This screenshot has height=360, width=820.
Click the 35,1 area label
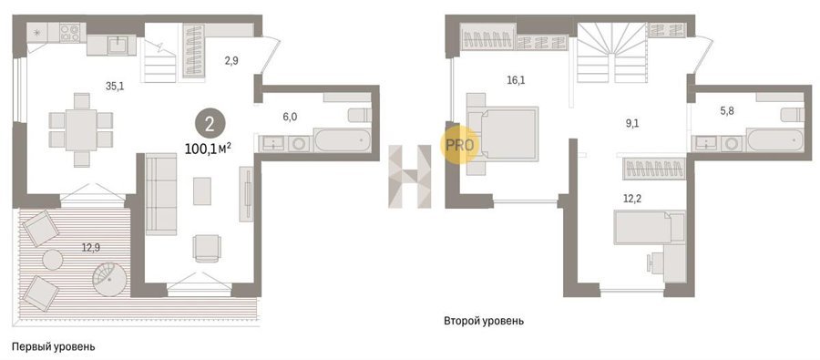click(114, 87)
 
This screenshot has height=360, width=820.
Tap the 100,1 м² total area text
click(208, 149)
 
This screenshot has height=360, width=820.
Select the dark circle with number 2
click(210, 124)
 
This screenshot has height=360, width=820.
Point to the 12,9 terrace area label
click(90, 249)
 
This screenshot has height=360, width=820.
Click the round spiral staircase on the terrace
click(110, 279)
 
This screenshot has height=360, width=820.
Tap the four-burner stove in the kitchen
click(69, 33)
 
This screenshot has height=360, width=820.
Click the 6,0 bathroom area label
click(290, 118)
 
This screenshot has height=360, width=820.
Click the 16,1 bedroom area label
click(517, 80)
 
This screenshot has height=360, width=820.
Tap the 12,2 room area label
click(630, 199)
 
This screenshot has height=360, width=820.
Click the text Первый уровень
click(54, 346)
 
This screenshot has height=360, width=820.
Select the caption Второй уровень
click(484, 321)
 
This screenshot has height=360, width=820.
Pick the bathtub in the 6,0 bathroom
click(343, 140)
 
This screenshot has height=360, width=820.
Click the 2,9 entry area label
click(231, 60)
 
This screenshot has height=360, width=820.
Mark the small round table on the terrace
click(52, 260)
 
